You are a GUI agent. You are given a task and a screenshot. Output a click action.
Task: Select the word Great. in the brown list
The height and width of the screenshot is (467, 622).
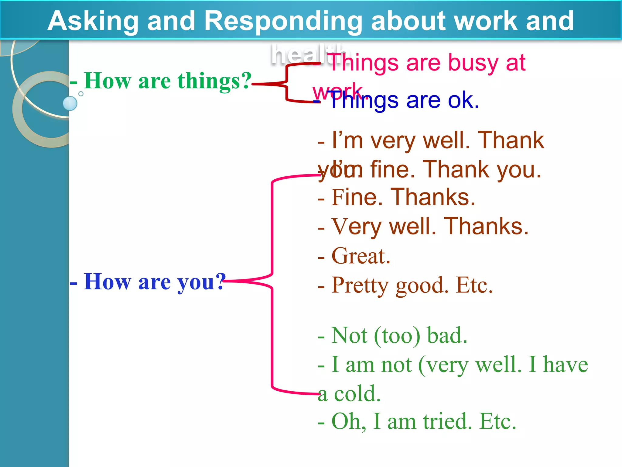point(361,256)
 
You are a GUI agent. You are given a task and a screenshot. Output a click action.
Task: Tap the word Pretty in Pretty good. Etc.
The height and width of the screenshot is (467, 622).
point(360,286)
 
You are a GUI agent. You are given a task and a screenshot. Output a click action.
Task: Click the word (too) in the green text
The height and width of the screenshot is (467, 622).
point(397,336)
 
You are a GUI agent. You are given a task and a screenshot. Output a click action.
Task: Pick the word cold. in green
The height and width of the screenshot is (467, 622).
point(357,394)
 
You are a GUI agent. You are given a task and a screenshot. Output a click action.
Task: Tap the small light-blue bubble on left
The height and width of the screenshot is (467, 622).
point(70,103)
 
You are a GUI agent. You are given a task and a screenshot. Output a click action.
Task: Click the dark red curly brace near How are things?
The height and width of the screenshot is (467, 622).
point(286,82)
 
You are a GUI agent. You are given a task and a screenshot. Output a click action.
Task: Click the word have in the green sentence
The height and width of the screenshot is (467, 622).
point(565,365)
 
